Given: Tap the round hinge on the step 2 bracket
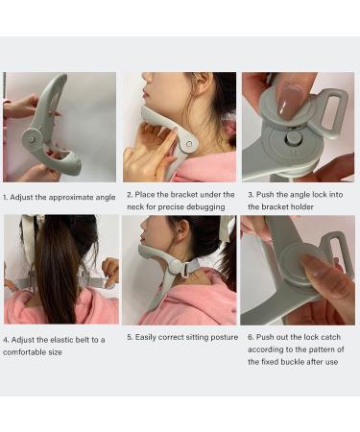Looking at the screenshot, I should tap(187, 143).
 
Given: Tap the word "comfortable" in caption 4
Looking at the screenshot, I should tap(32, 350).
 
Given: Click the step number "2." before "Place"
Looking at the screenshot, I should tap(131, 195).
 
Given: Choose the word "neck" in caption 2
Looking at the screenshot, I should tap(136, 206).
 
